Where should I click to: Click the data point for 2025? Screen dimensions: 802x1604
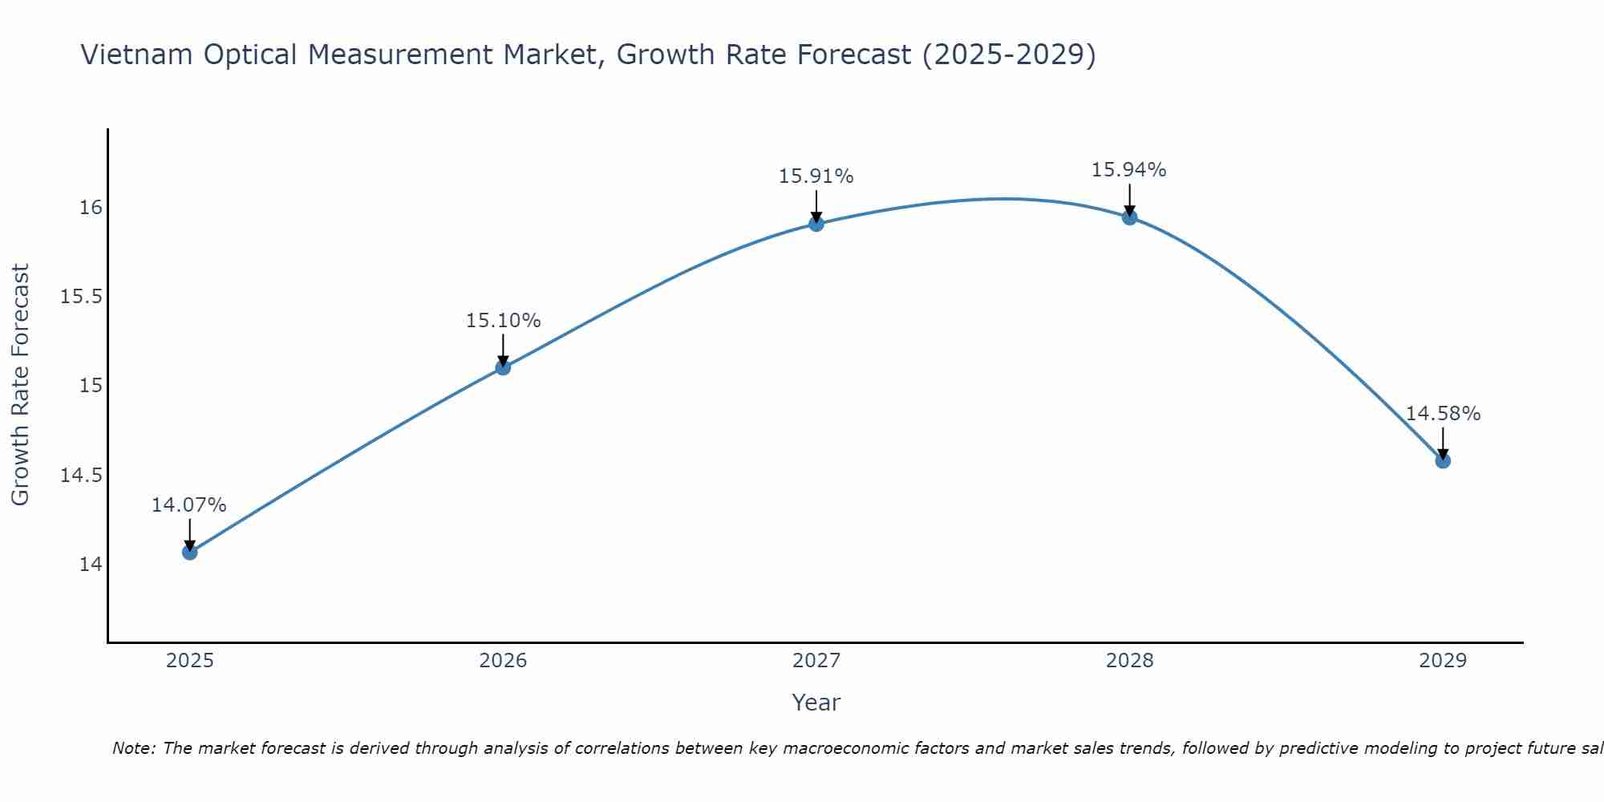[189, 552]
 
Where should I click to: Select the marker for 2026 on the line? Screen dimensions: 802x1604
[503, 367]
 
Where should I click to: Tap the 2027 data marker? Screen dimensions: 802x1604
[816, 224]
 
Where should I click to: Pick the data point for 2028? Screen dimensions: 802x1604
[1129, 217]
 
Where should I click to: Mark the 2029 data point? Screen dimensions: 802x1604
[1443, 460]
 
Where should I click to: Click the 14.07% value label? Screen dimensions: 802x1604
[189, 505]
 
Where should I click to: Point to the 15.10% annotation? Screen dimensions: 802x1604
[503, 321]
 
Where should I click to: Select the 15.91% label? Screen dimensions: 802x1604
[816, 176]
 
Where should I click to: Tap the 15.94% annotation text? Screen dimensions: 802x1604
[1129, 170]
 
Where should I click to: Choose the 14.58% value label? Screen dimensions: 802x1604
[1443, 414]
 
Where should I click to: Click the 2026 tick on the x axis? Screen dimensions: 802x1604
[503, 661]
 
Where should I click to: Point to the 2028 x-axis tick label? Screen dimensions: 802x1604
[1129, 661]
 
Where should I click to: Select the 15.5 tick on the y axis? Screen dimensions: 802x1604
[82, 298]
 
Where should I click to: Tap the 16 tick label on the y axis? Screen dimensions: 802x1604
[91, 208]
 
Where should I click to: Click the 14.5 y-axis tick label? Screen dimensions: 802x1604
[82, 476]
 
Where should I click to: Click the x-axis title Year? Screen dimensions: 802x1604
[816, 703]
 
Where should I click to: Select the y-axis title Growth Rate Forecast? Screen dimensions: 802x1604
[20, 385]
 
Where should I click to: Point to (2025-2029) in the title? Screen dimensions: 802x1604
[1008, 55]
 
